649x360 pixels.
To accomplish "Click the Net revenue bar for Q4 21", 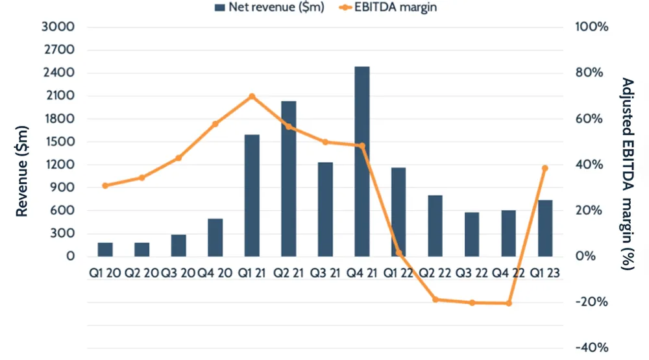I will [x=362, y=162].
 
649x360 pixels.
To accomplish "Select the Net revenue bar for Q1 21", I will [x=252, y=195].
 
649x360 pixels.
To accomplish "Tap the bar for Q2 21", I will [x=289, y=178].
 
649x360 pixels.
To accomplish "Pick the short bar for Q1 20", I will [x=105, y=250].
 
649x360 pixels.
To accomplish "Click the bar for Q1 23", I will [x=546, y=228].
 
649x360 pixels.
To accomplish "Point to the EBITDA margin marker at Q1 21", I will [x=252, y=97].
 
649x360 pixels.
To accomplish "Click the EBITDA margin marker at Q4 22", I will [x=509, y=303].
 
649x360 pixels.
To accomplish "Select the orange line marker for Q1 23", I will [x=545, y=168].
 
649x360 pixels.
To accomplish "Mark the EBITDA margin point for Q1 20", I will [x=105, y=186].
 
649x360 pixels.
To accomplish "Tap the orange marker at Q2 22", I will [x=435, y=300].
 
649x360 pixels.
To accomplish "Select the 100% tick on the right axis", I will [x=590, y=27].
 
